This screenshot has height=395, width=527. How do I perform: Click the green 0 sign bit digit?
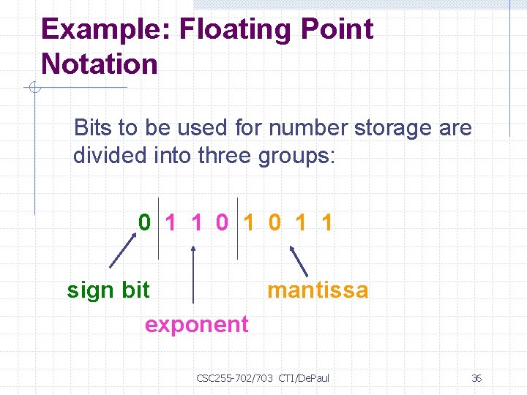pos(146,222)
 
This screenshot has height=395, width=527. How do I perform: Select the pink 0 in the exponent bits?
pos(223,222)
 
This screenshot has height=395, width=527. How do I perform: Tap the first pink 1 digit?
pos(171,222)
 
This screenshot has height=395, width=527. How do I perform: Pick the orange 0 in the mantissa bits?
pos(274,222)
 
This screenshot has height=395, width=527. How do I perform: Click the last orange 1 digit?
pos(326,222)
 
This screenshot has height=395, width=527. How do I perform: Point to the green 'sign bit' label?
pos(108,290)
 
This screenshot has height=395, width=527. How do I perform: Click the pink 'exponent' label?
pos(196,324)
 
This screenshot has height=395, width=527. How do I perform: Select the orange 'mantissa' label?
pos(318,290)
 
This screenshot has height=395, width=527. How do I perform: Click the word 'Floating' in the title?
pos(234,29)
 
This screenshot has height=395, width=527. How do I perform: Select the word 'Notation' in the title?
pos(100,64)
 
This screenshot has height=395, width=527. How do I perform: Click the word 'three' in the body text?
pos(225,157)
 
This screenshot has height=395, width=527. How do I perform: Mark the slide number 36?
pos(476,378)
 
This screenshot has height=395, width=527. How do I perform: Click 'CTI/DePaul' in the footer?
pos(304,378)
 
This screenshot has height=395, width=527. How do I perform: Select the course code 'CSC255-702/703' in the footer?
pos(234,378)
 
